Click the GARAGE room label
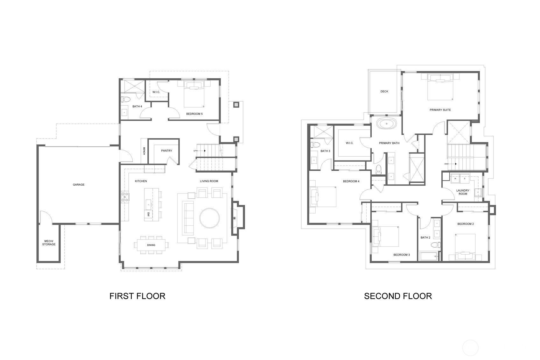pos(79,185)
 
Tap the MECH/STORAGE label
pos(49,243)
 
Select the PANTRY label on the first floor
pos(166,151)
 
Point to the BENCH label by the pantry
pos(144,151)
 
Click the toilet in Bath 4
pos(125,99)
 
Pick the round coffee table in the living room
pos(209,218)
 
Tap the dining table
pos(151,245)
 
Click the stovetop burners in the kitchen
pos(125,196)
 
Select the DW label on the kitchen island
pos(148,214)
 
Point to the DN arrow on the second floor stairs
pos(450,164)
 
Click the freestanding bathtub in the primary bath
pos(387,124)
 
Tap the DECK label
pos(384,91)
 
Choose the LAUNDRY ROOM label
pos(463,192)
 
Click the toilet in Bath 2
pos(436,245)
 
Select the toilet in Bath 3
pos(315,145)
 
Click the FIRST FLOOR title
pos(137,296)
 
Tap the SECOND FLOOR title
pos(398,296)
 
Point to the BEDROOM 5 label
pos(194,114)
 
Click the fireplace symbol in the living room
pos(234,218)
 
